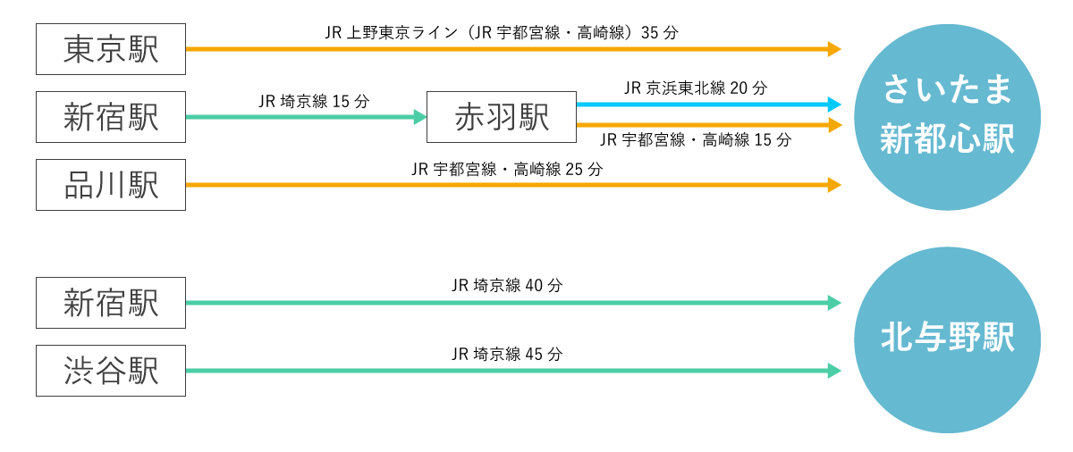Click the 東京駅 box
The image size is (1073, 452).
[111, 49]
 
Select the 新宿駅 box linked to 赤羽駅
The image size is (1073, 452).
[111, 117]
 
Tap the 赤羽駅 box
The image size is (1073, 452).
[501, 117]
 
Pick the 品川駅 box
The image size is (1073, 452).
[111, 185]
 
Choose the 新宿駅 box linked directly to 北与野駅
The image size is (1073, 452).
[111, 303]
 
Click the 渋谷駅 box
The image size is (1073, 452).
[111, 371]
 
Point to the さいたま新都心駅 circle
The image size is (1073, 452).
[947, 117]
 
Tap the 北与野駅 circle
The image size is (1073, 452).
[947, 339]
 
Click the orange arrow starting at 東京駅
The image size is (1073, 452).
[510, 49]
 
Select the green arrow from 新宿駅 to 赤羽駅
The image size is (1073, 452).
[304, 117]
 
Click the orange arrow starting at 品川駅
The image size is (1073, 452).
[510, 185]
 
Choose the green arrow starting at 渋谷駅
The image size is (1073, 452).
[510, 371]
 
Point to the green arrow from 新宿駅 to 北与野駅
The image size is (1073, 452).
[510, 303]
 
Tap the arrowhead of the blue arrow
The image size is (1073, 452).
[834, 105]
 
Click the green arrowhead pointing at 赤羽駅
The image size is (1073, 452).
[420, 117]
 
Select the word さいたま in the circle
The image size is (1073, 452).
[947, 90]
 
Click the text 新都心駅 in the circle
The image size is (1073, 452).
[947, 140]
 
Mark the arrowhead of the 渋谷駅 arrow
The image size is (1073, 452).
[834, 371]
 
